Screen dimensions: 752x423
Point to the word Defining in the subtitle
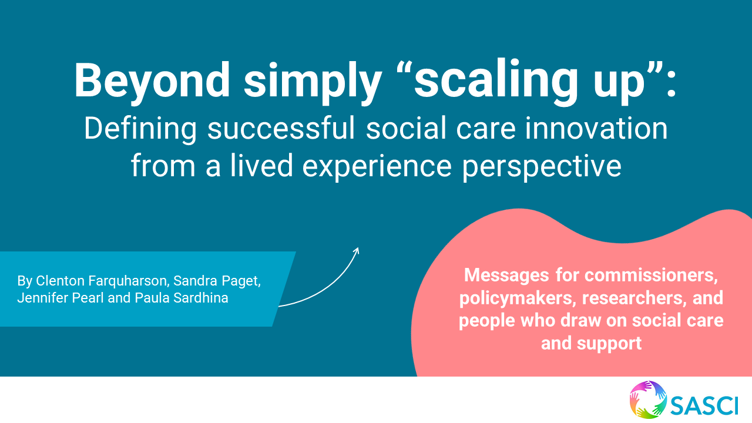click(x=140, y=130)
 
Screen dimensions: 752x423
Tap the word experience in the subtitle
click(x=377, y=167)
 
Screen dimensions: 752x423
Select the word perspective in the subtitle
click(x=542, y=167)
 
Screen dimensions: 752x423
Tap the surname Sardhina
click(x=201, y=298)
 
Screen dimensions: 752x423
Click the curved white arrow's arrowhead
click(x=357, y=250)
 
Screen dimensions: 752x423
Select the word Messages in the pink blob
click(x=506, y=276)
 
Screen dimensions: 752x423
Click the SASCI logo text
click(x=704, y=405)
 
